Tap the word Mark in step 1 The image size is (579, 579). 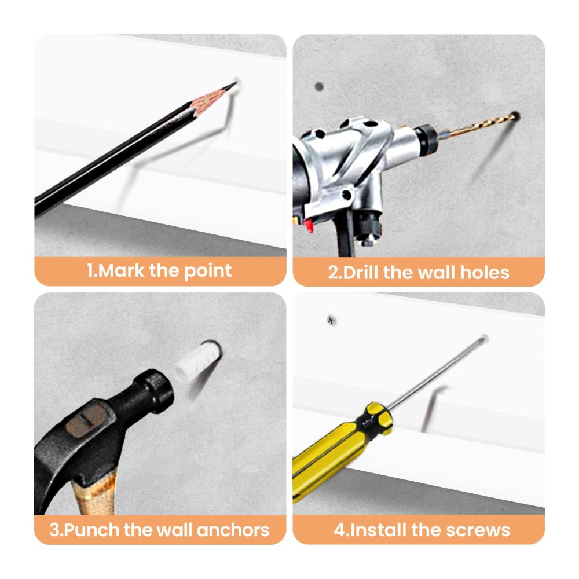(x=121, y=270)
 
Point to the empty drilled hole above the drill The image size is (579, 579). (x=319, y=87)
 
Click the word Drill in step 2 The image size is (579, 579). (x=361, y=273)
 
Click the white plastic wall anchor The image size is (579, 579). (x=196, y=360)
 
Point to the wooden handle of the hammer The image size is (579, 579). (x=95, y=495)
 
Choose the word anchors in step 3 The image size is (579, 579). (x=233, y=530)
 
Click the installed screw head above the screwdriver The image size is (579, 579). (x=331, y=320)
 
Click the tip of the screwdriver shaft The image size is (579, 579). (x=485, y=338)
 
